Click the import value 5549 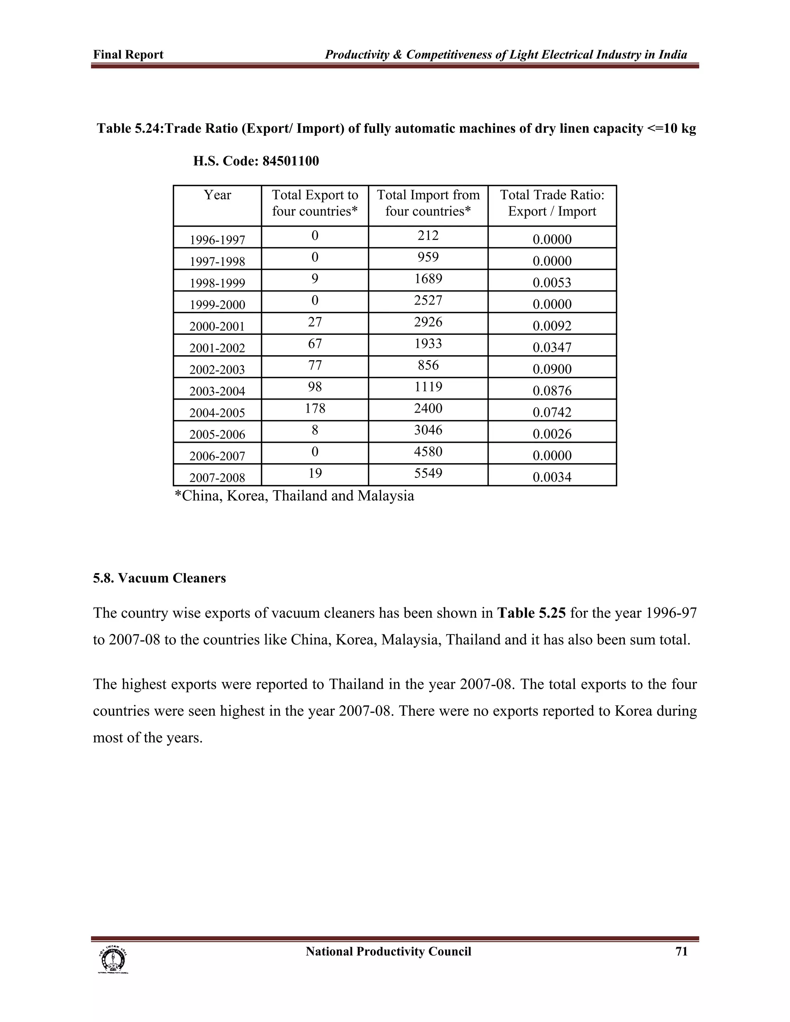pyautogui.click(x=428, y=473)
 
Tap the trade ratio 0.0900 pyautogui.click(x=552, y=369)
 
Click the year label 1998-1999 pyautogui.click(x=217, y=283)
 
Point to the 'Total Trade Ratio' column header pyautogui.click(x=552, y=203)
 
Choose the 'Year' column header pyautogui.click(x=217, y=195)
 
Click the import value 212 pyautogui.click(x=428, y=235)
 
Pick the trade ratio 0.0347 pyautogui.click(x=552, y=347)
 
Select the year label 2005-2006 pyautogui.click(x=217, y=434)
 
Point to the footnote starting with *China pyautogui.click(x=294, y=496)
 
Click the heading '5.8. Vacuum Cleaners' pyautogui.click(x=159, y=578)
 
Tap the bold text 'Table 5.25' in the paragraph pyautogui.click(x=531, y=613)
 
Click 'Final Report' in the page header pyautogui.click(x=128, y=55)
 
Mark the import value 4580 pyautogui.click(x=428, y=452)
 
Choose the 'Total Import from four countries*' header pyautogui.click(x=428, y=203)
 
